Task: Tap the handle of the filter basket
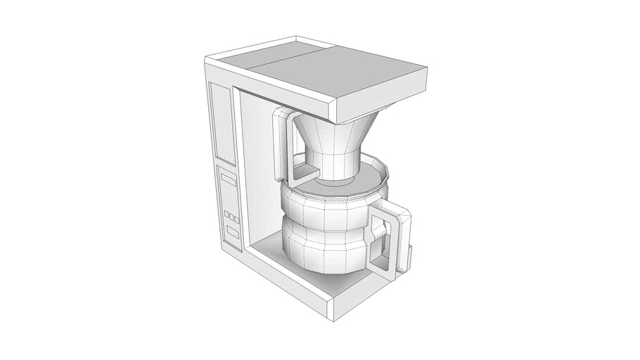279,144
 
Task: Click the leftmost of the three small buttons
226,214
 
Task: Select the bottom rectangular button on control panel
232,233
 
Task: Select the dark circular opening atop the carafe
338,184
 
